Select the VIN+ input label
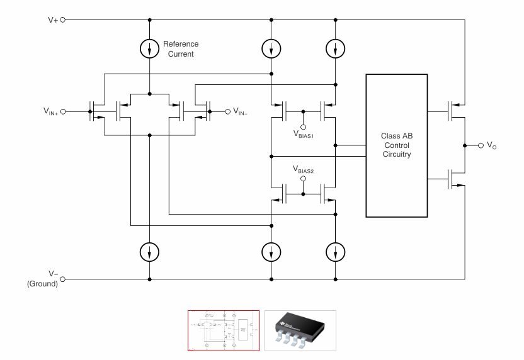point(50,112)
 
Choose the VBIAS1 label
point(304,135)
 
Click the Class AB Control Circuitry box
point(396,145)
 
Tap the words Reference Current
point(181,49)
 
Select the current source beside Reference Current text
point(150,48)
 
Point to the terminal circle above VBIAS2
point(304,179)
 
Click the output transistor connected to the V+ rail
point(451,112)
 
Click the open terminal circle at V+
point(62,19)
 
